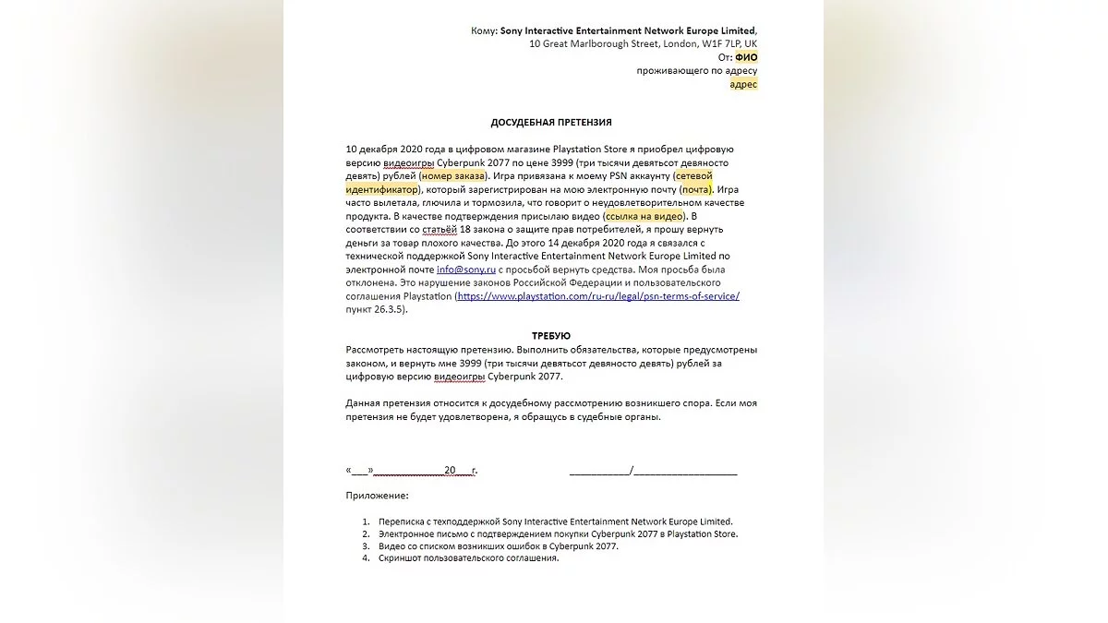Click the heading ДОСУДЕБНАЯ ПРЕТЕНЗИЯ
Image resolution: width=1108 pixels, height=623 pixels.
coord(550,122)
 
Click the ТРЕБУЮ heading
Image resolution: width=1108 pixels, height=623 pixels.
coord(550,336)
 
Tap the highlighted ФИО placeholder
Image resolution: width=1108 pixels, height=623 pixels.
coord(746,57)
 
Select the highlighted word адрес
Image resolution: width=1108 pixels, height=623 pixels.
coord(743,84)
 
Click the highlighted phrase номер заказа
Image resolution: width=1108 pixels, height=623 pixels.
coord(452,175)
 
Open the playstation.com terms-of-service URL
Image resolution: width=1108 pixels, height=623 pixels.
coord(598,296)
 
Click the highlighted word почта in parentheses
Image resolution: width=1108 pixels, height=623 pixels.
coord(696,189)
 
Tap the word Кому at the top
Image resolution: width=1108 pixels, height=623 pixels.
coord(483,30)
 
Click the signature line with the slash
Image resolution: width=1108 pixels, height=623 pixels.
coord(653,471)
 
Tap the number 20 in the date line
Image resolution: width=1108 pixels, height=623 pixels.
coord(450,471)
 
